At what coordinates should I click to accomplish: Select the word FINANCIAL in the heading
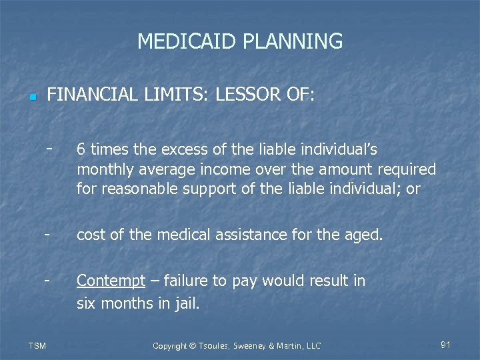(x=89, y=95)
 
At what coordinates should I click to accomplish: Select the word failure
(x=183, y=281)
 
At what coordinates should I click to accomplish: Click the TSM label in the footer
(x=37, y=345)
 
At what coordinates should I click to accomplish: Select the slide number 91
(x=446, y=345)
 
